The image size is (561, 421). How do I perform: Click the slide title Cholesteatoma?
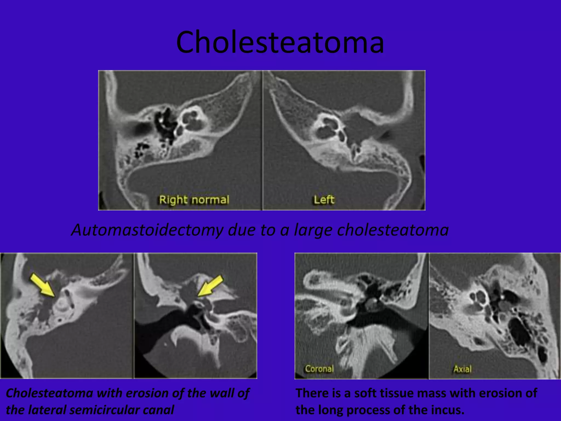[280, 42]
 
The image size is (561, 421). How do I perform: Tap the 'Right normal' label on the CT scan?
[194, 200]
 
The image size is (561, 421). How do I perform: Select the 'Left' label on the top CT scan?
[324, 200]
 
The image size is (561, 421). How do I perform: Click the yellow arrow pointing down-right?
[42, 285]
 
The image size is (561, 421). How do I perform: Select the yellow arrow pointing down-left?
[211, 286]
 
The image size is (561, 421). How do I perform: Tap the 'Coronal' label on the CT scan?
[319, 369]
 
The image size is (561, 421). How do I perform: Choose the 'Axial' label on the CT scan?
[462, 369]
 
